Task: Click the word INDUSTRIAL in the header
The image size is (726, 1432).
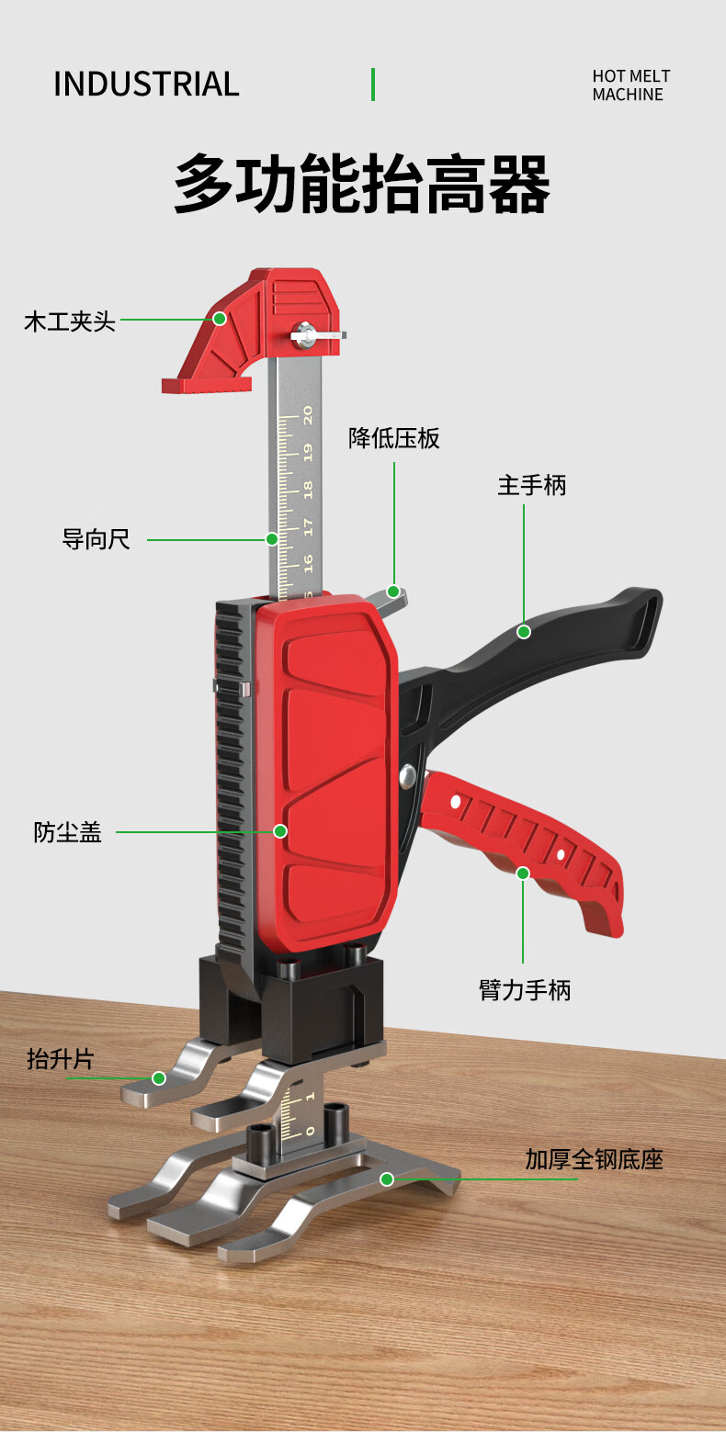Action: [x=146, y=84]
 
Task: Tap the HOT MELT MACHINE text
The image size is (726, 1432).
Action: [x=630, y=85]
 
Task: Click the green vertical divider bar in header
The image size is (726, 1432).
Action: [x=373, y=84]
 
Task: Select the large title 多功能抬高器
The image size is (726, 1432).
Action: [x=362, y=184]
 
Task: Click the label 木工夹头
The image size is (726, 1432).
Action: [x=70, y=321]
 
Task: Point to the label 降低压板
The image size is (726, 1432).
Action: [x=394, y=438]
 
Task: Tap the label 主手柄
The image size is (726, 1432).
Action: [x=532, y=485]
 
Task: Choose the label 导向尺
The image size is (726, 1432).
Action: [x=96, y=539]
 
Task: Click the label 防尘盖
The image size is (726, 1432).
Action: [x=68, y=832]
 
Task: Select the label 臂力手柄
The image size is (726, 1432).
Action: [x=525, y=989]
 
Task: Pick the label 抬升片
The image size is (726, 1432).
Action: [x=61, y=1059]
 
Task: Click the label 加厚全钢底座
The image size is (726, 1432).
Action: [x=594, y=1159]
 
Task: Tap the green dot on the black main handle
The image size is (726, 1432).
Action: [x=524, y=631]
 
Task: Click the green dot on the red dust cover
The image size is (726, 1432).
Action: [x=280, y=830]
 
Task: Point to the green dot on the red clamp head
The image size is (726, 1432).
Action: [x=220, y=319]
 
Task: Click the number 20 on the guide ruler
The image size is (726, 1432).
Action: [x=307, y=415]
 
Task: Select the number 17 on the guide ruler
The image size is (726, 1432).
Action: [x=307, y=526]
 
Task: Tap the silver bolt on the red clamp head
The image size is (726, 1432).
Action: [x=304, y=334]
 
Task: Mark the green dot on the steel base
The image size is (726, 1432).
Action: [x=387, y=1178]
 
